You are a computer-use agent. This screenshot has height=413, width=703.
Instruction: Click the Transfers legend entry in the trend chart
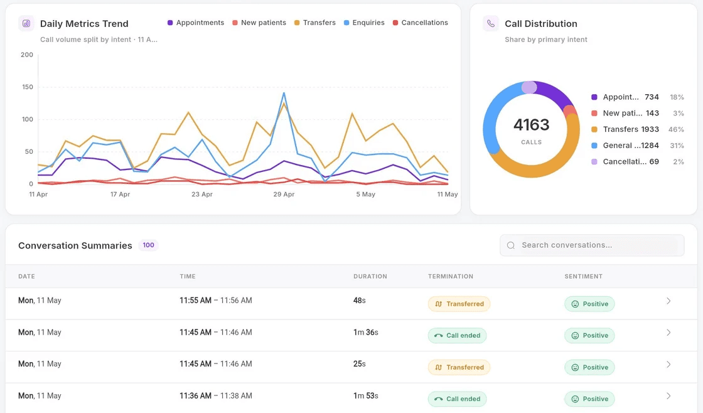coord(314,23)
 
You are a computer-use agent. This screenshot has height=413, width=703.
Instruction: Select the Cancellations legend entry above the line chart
coord(420,23)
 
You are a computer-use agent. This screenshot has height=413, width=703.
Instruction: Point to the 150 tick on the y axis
coord(28,87)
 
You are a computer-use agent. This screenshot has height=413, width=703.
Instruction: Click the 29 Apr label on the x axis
coord(284,194)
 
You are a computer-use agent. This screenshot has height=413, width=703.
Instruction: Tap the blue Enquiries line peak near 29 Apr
coord(284,94)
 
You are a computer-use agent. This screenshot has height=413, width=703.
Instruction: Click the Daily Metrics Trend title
coord(84,24)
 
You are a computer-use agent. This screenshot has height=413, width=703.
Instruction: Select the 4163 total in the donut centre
coord(531,125)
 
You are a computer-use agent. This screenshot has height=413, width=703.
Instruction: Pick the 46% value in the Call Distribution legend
coord(676,129)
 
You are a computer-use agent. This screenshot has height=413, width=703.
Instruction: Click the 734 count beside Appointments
coord(652,97)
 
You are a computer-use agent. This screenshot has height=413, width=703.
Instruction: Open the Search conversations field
coord(593,245)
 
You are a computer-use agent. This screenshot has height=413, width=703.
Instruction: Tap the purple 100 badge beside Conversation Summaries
coord(148,245)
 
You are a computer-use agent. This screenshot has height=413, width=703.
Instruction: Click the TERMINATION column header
coord(451,276)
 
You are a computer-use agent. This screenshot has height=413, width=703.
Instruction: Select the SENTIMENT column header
coord(583,276)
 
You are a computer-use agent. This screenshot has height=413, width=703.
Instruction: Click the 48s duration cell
coord(360,301)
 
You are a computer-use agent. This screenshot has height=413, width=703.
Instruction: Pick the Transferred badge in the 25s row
coord(459,367)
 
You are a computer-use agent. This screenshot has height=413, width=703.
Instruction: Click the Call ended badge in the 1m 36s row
coord(458,335)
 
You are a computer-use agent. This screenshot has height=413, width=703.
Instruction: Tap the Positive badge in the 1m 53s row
coord(589,399)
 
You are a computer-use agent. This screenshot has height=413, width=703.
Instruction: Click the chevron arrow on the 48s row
coord(668,301)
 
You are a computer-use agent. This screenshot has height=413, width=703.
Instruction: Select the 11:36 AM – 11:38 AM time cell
coord(216,396)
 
